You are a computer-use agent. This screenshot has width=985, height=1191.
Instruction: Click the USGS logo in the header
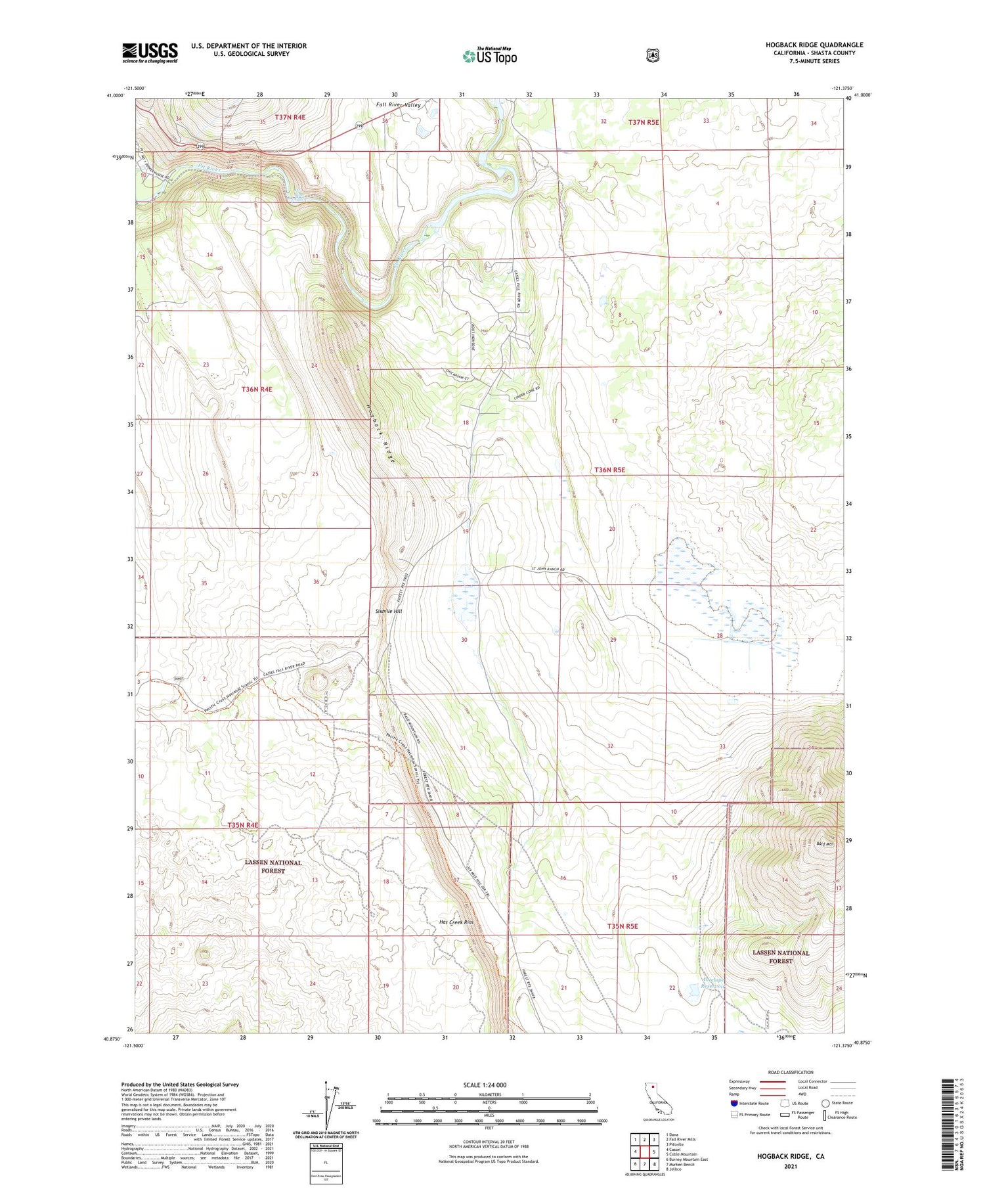[x=150, y=53]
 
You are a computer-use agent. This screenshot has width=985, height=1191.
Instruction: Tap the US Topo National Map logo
[x=490, y=56]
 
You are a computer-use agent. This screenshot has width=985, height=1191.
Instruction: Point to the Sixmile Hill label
[x=388, y=611]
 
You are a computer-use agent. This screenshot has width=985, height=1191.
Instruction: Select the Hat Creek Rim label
[x=456, y=922]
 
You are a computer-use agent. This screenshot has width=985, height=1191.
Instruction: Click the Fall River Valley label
[x=398, y=104]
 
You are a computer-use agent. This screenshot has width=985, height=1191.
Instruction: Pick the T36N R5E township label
[x=609, y=470]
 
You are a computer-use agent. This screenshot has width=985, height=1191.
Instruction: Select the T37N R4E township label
[x=290, y=117]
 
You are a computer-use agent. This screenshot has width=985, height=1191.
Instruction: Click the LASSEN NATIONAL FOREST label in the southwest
[x=273, y=866]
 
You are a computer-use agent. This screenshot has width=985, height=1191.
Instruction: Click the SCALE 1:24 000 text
[x=485, y=1085]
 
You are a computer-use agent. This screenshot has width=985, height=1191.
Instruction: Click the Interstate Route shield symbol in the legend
[x=733, y=1103]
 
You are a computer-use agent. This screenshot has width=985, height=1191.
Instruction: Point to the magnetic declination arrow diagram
[x=326, y=1106]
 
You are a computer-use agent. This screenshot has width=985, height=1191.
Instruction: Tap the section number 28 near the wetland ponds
[x=720, y=635]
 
